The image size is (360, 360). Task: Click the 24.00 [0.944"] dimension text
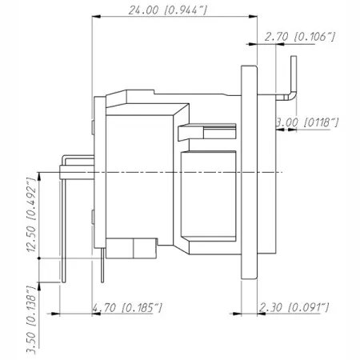pos(167,10)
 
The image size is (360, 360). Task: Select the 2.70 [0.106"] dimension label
pos(299,36)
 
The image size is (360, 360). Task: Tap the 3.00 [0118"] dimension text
pos(306,122)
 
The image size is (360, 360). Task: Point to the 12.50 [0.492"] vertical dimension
pos(31,214)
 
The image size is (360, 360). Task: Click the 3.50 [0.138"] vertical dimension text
pos(31,320)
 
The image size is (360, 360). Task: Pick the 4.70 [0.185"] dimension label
pos(127,307)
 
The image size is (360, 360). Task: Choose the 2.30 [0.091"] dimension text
pos(294,307)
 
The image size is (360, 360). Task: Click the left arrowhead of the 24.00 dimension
pos(96,17)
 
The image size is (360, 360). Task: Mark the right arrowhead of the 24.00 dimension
pos(253,17)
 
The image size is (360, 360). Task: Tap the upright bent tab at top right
pos(294,78)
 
